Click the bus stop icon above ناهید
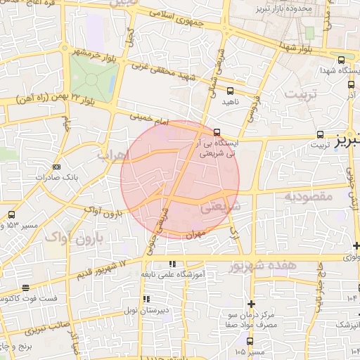(x=231, y=91)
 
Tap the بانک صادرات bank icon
(x=57, y=167)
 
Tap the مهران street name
(x=195, y=235)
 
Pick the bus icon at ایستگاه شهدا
(x=342, y=60)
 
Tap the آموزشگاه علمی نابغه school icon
(x=171, y=264)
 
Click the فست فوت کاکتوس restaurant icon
(x=25, y=288)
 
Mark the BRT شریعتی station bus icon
(x=217, y=131)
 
